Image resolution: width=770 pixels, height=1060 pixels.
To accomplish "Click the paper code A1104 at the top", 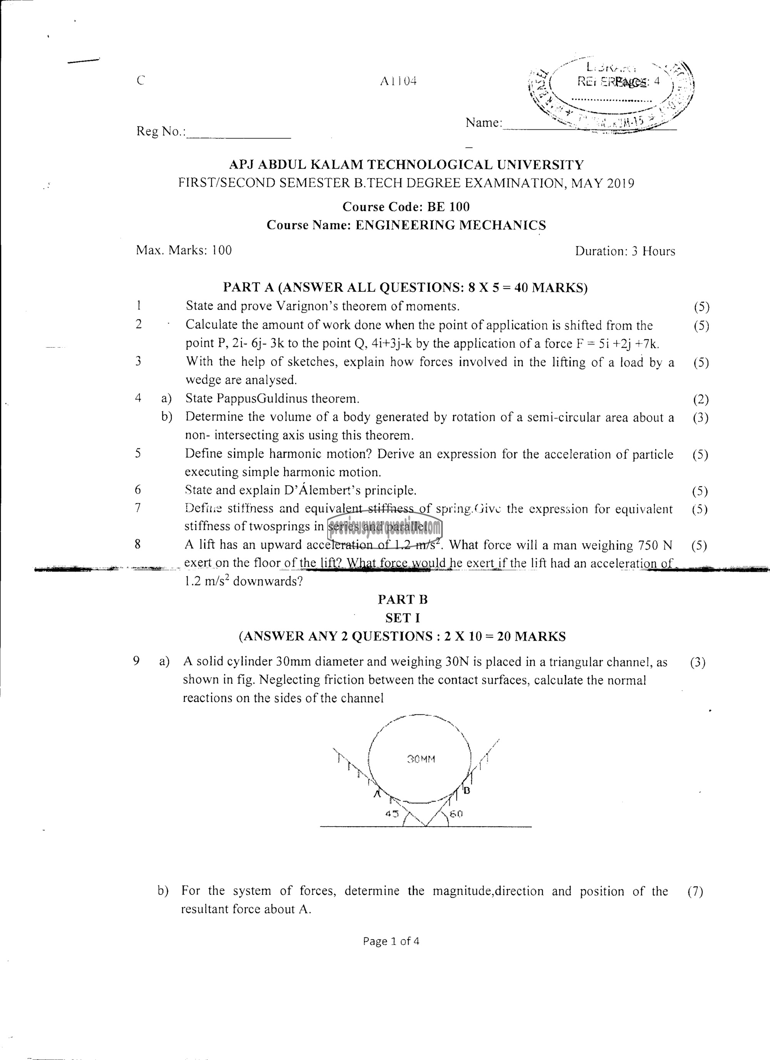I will coord(398,81).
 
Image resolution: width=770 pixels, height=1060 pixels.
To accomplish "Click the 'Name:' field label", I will coord(484,123).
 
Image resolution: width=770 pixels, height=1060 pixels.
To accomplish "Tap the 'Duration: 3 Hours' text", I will coord(625,251).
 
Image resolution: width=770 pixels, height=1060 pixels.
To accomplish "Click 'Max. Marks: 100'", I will coord(184,251).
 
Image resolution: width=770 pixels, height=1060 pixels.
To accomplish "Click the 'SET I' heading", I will coord(402,618).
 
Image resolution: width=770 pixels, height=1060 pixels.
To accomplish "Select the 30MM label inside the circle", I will coord(421,759).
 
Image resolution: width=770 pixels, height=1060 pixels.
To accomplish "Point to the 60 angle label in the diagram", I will coord(456,814).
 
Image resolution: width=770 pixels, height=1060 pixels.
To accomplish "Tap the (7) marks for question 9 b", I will coord(695,892).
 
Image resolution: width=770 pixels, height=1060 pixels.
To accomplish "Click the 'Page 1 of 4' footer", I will coord(391,941).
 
